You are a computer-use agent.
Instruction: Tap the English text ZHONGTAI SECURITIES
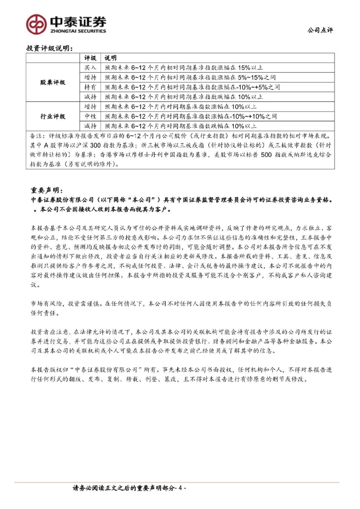(78, 31)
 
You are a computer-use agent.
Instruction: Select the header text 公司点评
(320, 30)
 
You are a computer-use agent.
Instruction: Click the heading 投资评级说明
(49, 48)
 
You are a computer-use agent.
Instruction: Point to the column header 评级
(90, 58)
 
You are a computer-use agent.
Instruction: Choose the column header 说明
(110, 58)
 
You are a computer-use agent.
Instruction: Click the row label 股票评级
(53, 83)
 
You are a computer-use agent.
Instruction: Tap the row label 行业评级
(53, 116)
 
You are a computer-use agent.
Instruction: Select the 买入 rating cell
(90, 68)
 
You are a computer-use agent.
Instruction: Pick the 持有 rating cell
(90, 87)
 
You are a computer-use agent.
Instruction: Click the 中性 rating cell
(90, 116)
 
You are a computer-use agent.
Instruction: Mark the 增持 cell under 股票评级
(90, 78)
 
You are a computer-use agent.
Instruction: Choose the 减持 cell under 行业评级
(90, 126)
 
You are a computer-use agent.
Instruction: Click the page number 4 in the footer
(180, 488)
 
